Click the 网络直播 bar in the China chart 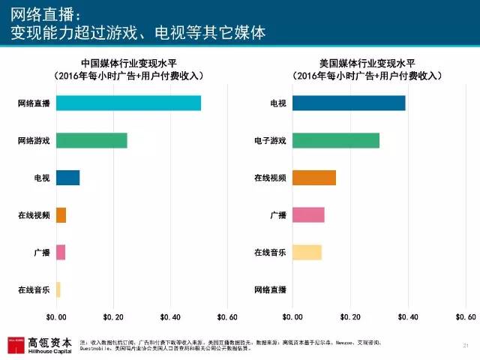coord(128,103)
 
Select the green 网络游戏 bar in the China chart coord(91,140)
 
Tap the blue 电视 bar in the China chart coord(67,178)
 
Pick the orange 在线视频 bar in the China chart coord(61,215)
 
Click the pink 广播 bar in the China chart coord(61,252)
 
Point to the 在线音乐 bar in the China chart coord(58,289)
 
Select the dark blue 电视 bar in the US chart coord(349,103)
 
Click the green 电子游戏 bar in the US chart coord(336,140)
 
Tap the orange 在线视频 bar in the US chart coord(314,178)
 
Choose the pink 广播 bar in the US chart coord(308,215)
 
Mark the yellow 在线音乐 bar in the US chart coord(307,252)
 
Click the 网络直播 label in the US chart coord(270,289)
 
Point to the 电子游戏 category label coord(270,140)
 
